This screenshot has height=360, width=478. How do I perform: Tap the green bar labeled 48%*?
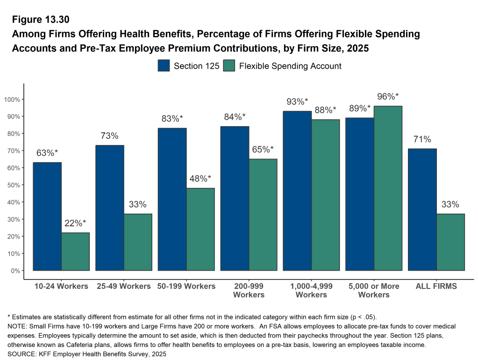click(x=200, y=229)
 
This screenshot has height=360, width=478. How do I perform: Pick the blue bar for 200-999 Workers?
click(x=235, y=198)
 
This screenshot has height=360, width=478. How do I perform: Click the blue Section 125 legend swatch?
click(x=164, y=66)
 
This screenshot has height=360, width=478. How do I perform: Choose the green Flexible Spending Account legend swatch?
click(x=229, y=66)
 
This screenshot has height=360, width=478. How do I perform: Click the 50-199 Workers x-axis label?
click(x=186, y=286)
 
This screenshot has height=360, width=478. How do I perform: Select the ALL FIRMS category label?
click(x=436, y=286)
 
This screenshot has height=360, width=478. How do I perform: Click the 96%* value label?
click(x=388, y=97)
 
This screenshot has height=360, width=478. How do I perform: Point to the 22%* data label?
click(x=75, y=223)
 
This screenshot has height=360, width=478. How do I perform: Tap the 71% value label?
click(x=422, y=139)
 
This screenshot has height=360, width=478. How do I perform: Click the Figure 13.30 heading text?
click(x=41, y=20)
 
